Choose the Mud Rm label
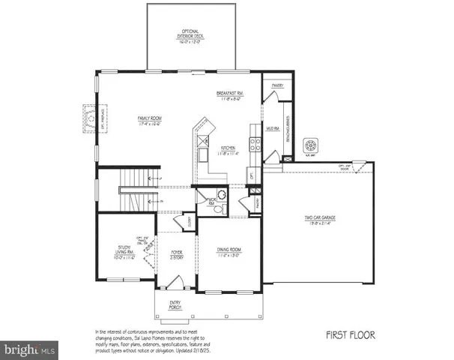click(274, 129)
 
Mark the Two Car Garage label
click(318, 220)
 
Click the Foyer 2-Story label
click(175, 255)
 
